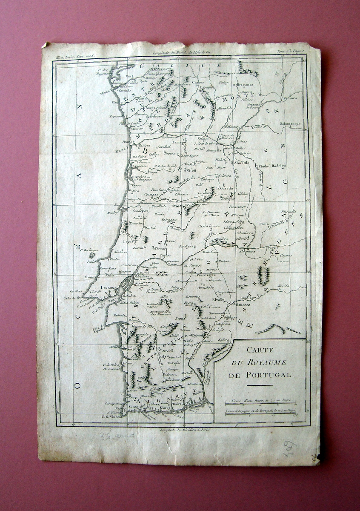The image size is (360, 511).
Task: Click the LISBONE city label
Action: (109, 288)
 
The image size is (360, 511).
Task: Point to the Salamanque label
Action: (291, 124)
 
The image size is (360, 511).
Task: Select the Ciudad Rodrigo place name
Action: (272, 166)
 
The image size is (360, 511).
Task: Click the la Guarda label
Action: (225, 188)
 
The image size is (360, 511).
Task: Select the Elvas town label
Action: (212, 299)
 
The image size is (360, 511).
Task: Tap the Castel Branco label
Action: (209, 226)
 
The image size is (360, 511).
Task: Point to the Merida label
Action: (283, 286)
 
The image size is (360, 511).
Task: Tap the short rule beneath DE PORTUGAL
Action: (259, 385)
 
